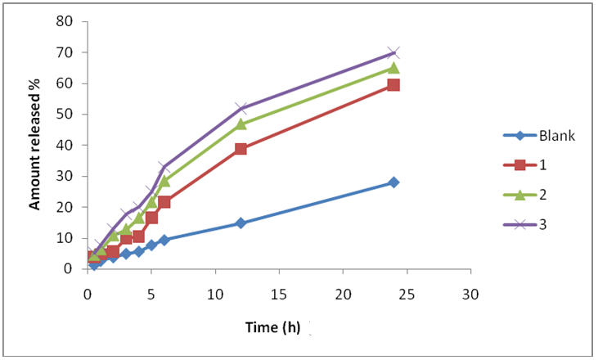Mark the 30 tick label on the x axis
click(x=470, y=293)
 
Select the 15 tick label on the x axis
click(x=279, y=293)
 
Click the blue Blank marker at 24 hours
click(x=393, y=182)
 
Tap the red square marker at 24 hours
click(x=393, y=84)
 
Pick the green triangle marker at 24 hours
click(x=393, y=68)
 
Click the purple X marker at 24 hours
click(x=393, y=53)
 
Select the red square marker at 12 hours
click(x=241, y=149)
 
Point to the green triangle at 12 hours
click(x=241, y=124)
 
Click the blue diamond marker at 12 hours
click(x=241, y=223)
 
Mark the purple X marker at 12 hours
click(x=241, y=108)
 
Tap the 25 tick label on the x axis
click(x=407, y=293)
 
